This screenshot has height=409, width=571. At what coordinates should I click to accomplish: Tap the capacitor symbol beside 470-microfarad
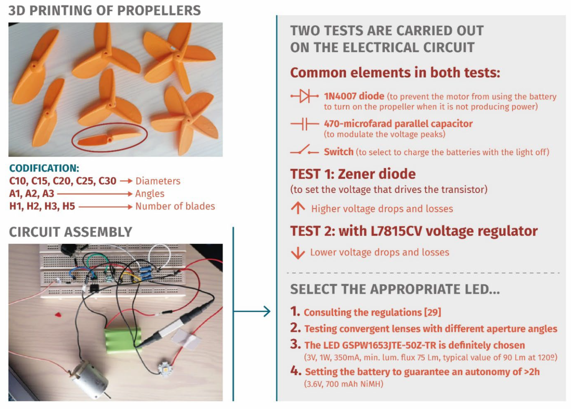pos(305,124)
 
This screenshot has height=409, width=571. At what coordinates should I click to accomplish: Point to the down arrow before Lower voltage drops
pos(298,253)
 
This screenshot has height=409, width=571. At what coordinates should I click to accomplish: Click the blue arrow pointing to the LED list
pos(252,311)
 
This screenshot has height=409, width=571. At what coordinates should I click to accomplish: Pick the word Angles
pos(150,194)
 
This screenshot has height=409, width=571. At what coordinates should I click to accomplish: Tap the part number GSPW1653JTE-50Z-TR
pos(389,345)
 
